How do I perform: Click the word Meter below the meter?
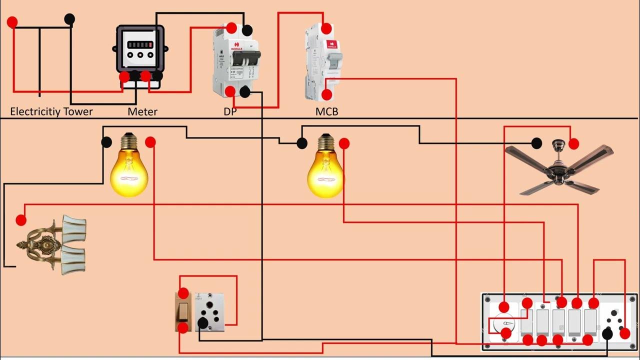pos(142,111)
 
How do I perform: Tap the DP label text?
pos(230,111)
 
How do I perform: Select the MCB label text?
pos(326,111)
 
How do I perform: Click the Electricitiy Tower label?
pos(51,111)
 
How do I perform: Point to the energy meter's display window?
pos(140,44)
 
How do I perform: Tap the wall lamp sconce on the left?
pos(52,245)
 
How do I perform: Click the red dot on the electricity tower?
pos(12,22)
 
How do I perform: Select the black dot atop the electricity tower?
pos(69,19)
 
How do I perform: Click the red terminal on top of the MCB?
pos(326,28)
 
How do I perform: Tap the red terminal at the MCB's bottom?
pos(326,94)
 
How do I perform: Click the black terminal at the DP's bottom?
pos(245,92)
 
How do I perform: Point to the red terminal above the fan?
pos(573,143)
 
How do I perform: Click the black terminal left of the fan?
pos(536,143)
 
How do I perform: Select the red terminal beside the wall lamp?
pos(21,220)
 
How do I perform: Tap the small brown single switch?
pos(183,311)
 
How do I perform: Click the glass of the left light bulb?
pos(129,172)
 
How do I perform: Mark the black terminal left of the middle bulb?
pos(301,143)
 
